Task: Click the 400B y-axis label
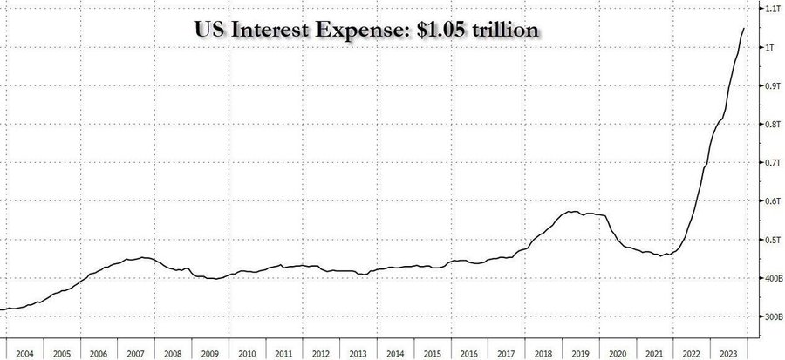click(774, 278)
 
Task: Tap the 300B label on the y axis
click(774, 316)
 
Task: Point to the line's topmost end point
click(744, 28)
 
